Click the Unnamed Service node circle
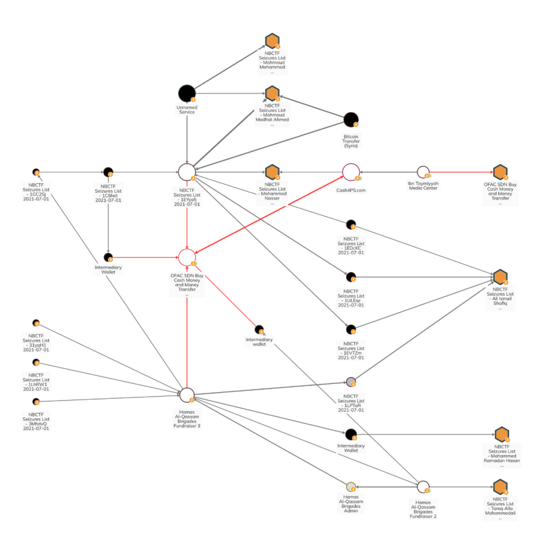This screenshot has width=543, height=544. coord(187,94)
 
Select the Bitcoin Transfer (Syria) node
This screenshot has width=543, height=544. coord(351,121)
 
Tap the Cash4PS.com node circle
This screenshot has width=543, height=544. coord(351,172)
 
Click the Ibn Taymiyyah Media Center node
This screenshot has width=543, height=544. coord(423,172)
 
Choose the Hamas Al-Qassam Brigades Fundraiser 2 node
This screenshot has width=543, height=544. coord(423,486)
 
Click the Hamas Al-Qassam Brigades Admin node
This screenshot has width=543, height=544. coord(351,486)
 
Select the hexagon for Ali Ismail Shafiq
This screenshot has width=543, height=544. coord(501,277)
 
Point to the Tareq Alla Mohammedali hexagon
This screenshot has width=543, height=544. coord(501,486)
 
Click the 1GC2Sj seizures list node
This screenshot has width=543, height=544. coord(36,172)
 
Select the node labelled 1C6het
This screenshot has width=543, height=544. coord(108,172)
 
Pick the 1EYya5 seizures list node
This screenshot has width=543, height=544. coord(187,172)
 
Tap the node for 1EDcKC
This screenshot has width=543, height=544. coord(351,225)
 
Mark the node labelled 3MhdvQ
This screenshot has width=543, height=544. coord(36,402)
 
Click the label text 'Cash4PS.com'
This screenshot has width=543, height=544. coord(351,191)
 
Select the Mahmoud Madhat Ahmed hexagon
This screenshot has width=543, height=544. coord(272,94)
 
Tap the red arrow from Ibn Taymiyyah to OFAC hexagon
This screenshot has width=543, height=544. coord(462,172)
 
